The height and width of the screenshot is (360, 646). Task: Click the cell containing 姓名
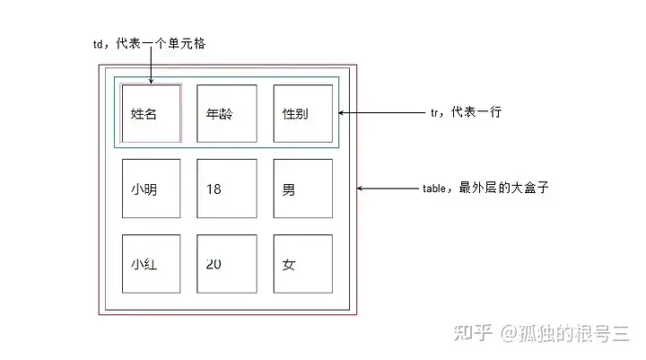coord(152,114)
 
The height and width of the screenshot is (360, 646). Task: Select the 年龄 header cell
coord(227,114)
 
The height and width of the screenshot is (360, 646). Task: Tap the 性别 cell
coord(302,114)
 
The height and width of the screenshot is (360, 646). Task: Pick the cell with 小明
coord(152,189)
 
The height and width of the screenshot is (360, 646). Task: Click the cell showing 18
coord(227,189)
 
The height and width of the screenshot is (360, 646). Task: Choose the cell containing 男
coord(302,189)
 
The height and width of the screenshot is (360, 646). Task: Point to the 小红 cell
coord(152,264)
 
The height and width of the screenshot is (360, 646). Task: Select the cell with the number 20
coord(227,264)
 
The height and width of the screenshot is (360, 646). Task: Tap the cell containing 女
coord(302,264)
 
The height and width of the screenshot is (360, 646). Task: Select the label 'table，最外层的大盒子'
coord(484,189)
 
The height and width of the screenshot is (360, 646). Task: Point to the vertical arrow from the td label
coord(151,67)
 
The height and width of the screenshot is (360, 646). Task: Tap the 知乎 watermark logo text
coord(473,333)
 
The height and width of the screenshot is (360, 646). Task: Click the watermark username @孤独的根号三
coord(565,333)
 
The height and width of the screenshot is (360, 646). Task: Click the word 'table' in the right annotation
coord(434,189)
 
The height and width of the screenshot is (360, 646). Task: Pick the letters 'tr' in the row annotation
coord(435,113)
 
